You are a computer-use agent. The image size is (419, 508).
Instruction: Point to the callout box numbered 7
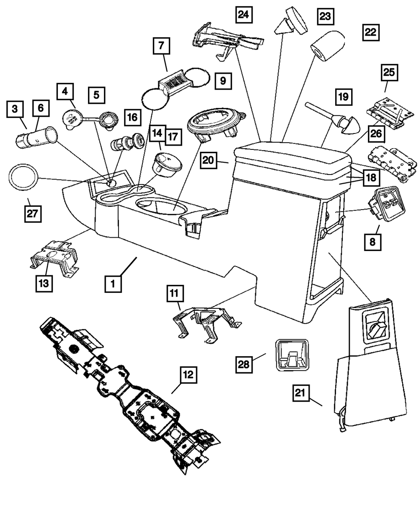coord(161,46)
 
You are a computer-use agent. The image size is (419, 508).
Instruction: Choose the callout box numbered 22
coord(370,32)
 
